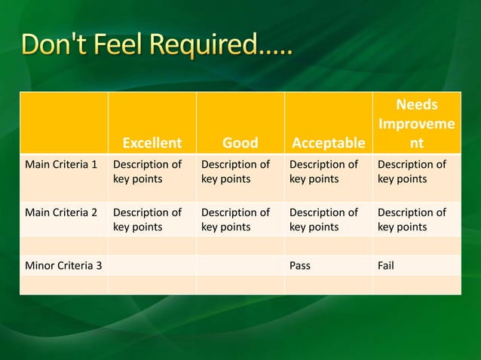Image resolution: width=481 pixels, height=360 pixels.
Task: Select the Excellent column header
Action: [x=152, y=142]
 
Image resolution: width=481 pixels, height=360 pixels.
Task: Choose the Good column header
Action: [x=240, y=142]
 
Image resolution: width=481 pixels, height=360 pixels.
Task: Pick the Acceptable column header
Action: [x=328, y=142]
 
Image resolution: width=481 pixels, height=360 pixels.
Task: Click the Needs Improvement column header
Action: [x=417, y=124]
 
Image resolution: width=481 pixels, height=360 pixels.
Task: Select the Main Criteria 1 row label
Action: [x=63, y=165]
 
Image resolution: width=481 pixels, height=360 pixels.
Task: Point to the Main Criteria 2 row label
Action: [x=63, y=212]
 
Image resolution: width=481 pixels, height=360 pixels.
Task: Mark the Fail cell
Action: [x=386, y=265]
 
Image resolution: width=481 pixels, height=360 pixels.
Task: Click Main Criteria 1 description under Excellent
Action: [x=147, y=172]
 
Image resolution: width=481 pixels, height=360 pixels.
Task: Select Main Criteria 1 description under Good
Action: [x=235, y=172]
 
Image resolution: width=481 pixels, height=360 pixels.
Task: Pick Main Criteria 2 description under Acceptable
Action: [x=323, y=219]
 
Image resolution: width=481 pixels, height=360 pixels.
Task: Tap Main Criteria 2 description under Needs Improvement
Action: [x=412, y=219]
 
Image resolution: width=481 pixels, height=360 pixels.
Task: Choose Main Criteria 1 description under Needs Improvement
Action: [x=412, y=172]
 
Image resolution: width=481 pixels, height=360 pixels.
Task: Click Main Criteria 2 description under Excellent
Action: [x=147, y=219]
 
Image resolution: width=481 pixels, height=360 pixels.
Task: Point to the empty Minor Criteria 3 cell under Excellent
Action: [x=152, y=265]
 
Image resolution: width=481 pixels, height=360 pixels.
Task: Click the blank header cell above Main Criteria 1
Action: [x=63, y=123]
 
